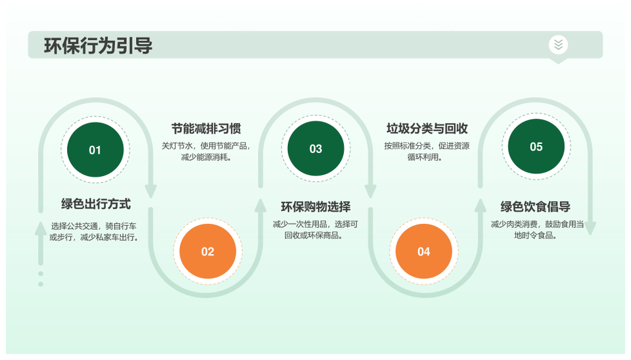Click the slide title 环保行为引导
click(x=98, y=45)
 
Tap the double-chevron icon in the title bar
click(x=558, y=44)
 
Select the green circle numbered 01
click(x=95, y=150)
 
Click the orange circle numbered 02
click(x=208, y=252)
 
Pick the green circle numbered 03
click(x=316, y=148)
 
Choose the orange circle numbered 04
click(x=424, y=252)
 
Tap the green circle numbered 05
click(x=536, y=146)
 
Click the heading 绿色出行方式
click(x=96, y=204)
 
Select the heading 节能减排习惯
click(x=206, y=129)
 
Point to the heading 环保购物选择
click(x=316, y=207)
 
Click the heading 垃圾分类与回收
click(x=427, y=129)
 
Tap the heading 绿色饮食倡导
click(x=536, y=207)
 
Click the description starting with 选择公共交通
click(x=95, y=232)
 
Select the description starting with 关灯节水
click(x=206, y=151)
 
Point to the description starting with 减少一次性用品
click(x=315, y=230)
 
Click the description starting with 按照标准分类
click(x=427, y=151)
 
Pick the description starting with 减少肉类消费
click(x=537, y=230)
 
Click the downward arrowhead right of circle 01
click(x=151, y=191)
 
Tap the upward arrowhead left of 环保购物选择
click(x=260, y=205)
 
